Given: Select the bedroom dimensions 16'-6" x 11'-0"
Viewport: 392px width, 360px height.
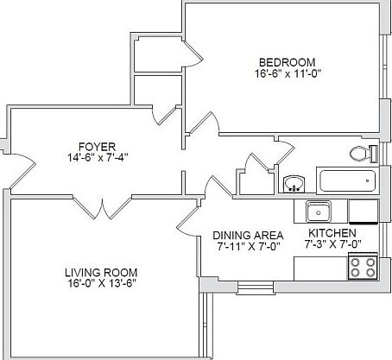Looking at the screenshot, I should coord(287,74).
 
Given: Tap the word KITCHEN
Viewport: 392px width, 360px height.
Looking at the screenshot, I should coord(332,232).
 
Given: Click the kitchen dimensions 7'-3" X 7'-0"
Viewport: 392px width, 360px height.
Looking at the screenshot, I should coord(332,245).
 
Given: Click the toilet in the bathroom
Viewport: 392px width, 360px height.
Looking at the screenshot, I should coord(363,154).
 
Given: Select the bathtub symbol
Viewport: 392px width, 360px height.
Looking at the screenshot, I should coord(348,181).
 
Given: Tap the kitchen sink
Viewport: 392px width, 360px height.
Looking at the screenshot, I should coord(319,211).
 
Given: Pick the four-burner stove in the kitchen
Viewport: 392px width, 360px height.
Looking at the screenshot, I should coord(363,267).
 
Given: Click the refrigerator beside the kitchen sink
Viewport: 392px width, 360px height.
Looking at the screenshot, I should coord(362,211).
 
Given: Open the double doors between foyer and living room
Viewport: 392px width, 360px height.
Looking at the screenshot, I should coord(104,206).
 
